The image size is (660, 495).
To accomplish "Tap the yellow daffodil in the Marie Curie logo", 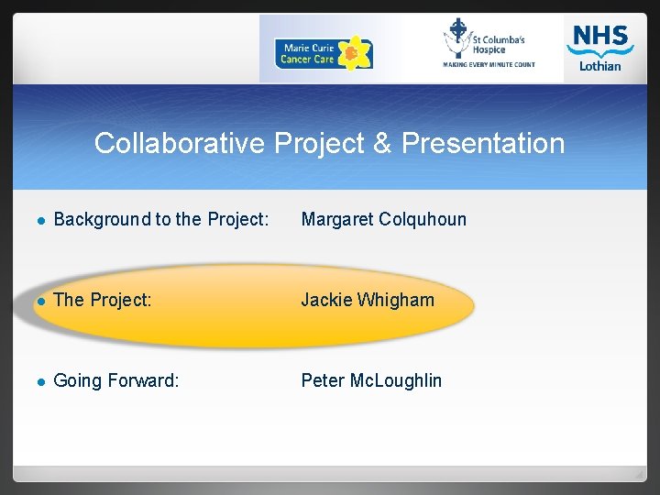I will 353,53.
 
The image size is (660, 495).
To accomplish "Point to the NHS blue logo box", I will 599,39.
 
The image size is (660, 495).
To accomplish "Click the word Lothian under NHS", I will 599,66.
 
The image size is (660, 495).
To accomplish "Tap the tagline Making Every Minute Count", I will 489,65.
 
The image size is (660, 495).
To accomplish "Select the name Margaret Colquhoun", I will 383,219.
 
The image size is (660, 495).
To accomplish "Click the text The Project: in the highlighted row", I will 103,300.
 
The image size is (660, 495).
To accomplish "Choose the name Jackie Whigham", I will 368,300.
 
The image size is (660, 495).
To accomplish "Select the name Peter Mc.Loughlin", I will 371,380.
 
